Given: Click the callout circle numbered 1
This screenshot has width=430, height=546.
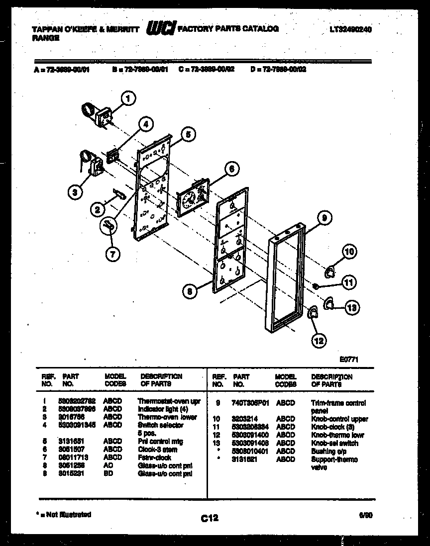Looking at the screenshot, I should click(128, 99).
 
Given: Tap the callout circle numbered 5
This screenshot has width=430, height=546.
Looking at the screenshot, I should click(187, 133).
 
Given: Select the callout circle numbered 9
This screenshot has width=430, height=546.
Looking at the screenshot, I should click(323, 217).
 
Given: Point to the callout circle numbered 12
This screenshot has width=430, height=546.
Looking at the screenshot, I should click(319, 341).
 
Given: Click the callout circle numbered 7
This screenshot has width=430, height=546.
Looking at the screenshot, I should click(112, 254).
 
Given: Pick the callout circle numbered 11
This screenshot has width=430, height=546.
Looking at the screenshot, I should click(349, 283).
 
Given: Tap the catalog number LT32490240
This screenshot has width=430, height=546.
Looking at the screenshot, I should click(350, 29).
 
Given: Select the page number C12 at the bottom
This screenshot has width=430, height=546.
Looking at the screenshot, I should click(210, 519).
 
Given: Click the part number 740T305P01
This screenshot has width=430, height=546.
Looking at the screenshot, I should click(250, 403).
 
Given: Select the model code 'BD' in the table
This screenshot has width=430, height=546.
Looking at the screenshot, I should click(108, 474).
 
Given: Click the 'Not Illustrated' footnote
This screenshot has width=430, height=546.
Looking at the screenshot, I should click(62, 515).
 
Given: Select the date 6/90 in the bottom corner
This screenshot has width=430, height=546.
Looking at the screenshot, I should click(365, 517).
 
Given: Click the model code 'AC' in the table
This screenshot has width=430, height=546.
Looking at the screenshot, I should click(108, 466).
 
